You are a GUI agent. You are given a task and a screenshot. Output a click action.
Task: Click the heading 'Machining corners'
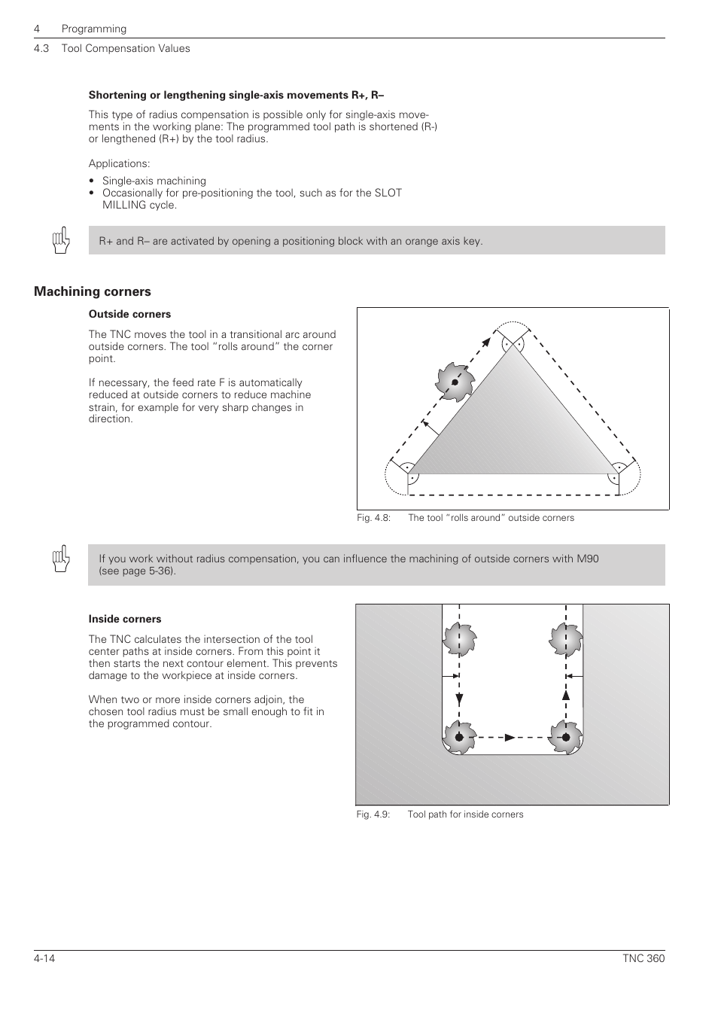[92, 291]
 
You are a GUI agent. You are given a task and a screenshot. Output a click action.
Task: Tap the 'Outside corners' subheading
[129, 314]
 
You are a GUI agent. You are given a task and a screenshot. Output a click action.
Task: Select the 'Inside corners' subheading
[125, 619]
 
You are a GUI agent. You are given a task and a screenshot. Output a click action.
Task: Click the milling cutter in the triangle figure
[455, 381]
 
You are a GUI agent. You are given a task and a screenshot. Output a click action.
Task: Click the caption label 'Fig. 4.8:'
[373, 518]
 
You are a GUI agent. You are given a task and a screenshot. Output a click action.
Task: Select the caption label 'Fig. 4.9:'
[373, 815]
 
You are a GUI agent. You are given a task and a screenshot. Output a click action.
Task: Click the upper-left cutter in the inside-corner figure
[459, 640]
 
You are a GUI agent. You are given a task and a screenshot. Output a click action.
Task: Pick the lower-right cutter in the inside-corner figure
[565, 737]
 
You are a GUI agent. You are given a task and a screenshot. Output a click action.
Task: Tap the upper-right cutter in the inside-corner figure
[565, 640]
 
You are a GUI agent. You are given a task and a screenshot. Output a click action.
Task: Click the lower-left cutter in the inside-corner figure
[459, 737]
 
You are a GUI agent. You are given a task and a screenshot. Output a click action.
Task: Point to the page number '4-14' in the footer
[45, 958]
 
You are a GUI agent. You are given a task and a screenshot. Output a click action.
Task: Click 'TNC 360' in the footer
[643, 958]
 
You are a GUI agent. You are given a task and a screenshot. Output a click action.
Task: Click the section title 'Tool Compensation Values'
[126, 48]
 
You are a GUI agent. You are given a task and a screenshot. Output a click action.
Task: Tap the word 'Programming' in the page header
[94, 29]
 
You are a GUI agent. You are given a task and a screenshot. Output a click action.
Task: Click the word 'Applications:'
[119, 163]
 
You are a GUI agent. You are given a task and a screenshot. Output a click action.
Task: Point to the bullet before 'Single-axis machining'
[92, 181]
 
